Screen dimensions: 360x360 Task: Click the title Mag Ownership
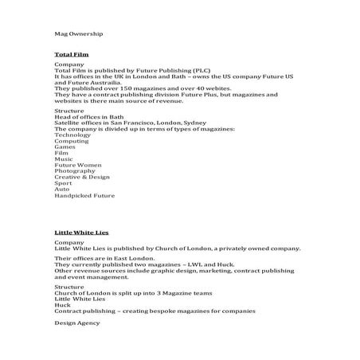78,34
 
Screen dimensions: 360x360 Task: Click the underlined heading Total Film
71,54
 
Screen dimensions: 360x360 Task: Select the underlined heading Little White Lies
81,232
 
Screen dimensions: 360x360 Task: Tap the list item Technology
72,135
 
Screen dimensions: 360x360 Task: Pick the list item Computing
72,141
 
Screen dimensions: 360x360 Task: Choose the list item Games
65,147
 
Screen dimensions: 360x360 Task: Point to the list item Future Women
78,165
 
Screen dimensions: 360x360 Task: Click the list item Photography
75,171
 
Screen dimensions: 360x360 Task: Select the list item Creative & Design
82,177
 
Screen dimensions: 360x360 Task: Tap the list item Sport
63,183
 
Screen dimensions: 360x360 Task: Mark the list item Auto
62,189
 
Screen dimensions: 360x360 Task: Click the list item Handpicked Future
84,195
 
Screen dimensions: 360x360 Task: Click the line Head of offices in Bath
89,117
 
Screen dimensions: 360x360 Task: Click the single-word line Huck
62,304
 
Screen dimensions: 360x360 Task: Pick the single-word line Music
64,159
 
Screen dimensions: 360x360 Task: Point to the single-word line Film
62,153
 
